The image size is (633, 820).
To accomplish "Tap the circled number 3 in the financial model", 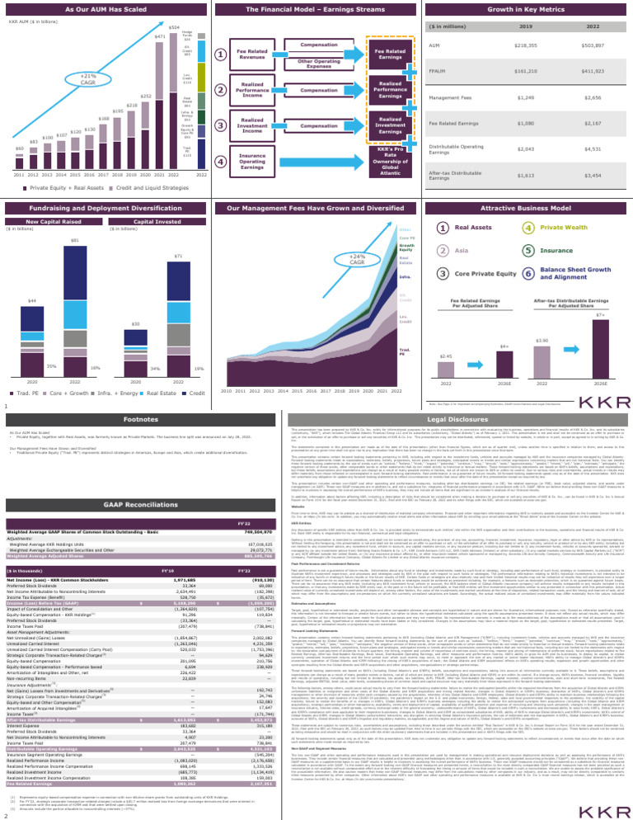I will (x=221, y=125).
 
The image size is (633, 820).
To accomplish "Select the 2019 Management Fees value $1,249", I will (x=518, y=97).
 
